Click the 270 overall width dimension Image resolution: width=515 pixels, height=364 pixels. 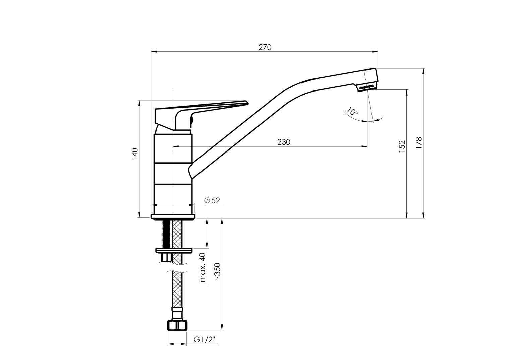coord(265,47)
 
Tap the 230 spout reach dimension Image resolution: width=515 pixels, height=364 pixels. coord(284,142)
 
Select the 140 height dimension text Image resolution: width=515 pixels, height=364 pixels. coord(135,154)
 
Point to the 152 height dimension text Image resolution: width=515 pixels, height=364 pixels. coord(402,146)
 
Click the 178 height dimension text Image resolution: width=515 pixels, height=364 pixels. coord(419,143)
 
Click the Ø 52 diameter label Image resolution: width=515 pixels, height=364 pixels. coord(212,201)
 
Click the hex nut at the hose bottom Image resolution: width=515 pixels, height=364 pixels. coord(177,326)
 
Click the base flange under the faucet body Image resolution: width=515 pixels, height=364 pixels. coord(173,216)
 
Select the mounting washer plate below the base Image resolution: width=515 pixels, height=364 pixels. coord(174,250)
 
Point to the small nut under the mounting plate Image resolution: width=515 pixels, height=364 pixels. coord(166,257)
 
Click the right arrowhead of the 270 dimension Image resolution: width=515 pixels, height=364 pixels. coord(375,52)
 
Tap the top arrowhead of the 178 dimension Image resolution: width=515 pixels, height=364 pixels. coord(423,71)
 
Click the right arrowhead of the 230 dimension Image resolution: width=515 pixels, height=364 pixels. coord(364,146)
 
